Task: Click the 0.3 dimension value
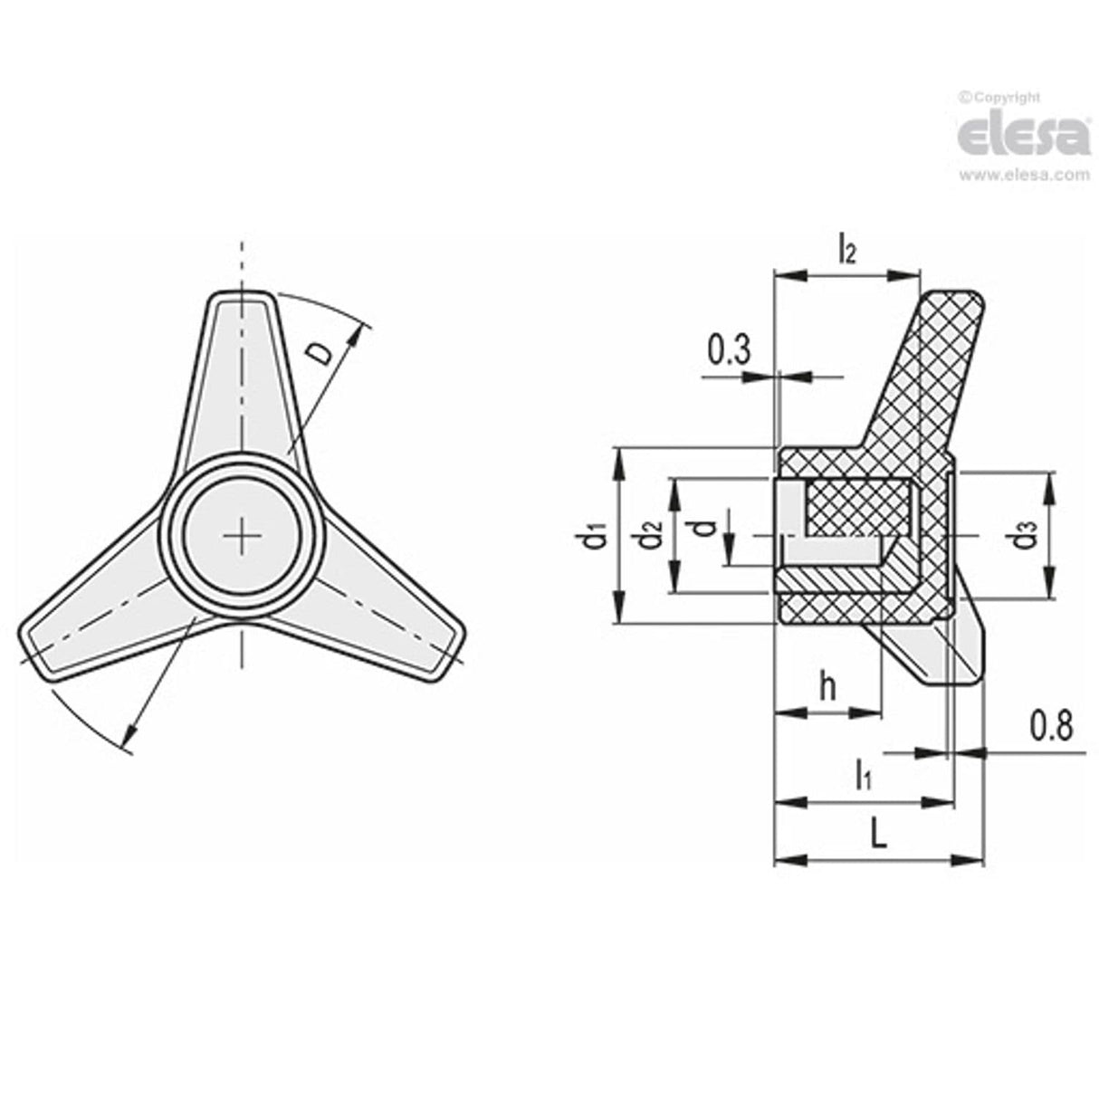click(x=729, y=350)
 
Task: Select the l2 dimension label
click(x=846, y=247)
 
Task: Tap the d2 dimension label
click(x=650, y=539)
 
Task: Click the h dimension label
click(x=827, y=686)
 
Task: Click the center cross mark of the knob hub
click(x=243, y=536)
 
